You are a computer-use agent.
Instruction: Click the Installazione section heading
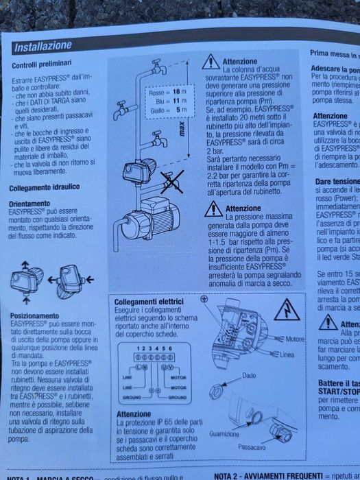(43, 46)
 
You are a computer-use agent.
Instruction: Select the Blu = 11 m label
(168, 100)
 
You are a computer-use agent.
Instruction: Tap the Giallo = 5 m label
(168, 110)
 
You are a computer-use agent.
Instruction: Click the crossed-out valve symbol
(170, 182)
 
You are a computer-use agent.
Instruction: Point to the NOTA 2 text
(229, 475)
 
